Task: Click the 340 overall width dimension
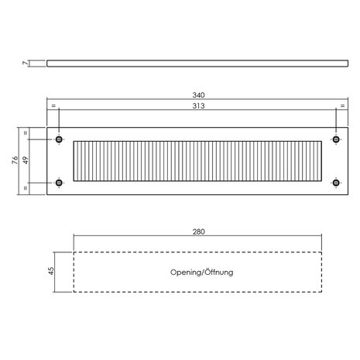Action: [198, 95]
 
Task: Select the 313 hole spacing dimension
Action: [198, 106]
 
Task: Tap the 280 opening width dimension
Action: [199, 231]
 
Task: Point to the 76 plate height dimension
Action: [15, 160]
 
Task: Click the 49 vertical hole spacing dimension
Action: [26, 160]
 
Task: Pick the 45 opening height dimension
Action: [51, 271]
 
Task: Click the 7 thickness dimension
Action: [25, 63]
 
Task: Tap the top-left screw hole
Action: [59, 139]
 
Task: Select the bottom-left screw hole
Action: [59, 183]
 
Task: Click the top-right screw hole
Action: [336, 139]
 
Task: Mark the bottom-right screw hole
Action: [336, 183]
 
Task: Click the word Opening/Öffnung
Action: [202, 273]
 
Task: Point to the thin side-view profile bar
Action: [197, 63]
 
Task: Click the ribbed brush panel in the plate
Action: [197, 161]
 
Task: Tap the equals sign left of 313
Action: [53, 105]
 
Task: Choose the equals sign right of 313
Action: [342, 105]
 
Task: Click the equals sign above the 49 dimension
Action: [26, 133]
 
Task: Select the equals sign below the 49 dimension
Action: [26, 188]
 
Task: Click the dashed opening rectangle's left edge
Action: [74, 272]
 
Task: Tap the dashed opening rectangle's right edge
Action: [321, 272]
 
